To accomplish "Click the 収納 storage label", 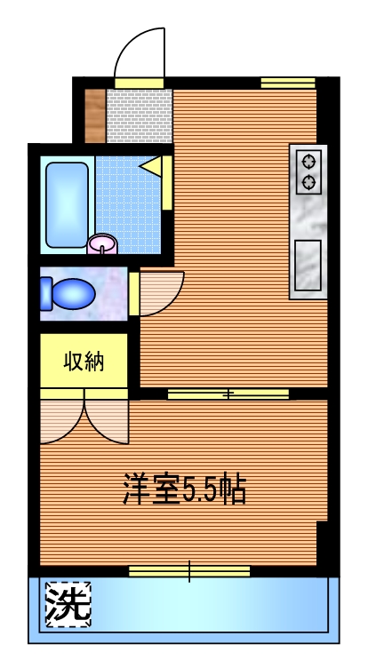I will tap(84, 362).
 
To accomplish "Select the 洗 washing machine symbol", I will tap(68, 605).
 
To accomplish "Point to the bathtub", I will tap(68, 203).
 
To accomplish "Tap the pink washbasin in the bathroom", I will tap(103, 243).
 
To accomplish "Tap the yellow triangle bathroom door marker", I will tap(150, 166).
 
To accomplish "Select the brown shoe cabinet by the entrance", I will tap(94, 115).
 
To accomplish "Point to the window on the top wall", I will tap(288, 83).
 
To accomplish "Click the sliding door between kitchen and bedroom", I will tap(228, 394).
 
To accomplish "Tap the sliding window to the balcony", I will tap(188, 570).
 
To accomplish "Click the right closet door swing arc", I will tap(107, 417).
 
